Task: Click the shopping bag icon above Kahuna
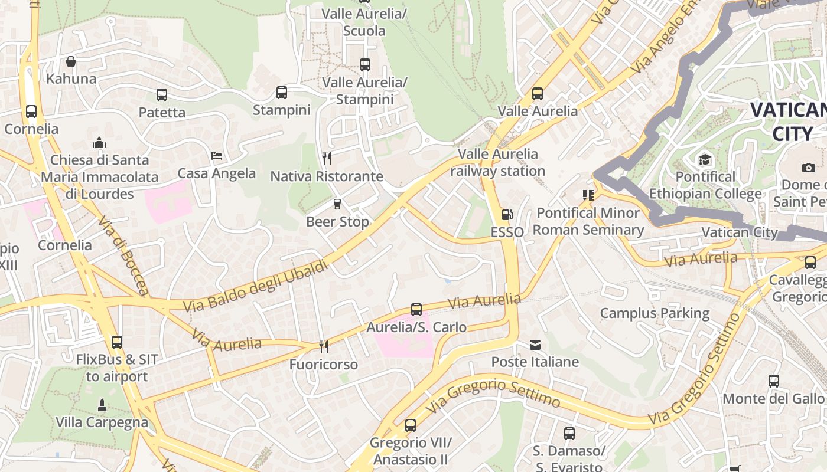[71, 61]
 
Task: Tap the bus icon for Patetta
[162, 94]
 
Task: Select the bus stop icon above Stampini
[282, 92]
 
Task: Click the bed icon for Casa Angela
[217, 156]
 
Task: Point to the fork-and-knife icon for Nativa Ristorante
[326, 158]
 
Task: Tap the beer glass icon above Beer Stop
[337, 204]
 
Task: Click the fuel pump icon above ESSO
[507, 215]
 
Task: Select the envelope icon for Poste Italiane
[535, 345]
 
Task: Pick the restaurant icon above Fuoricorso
[323, 346]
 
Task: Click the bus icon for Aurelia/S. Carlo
[416, 309]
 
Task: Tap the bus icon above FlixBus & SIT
[117, 342]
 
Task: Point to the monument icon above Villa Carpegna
[102, 405]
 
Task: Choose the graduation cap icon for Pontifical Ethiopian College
[705, 159]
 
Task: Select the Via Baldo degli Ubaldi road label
[255, 287]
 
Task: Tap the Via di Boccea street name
[123, 255]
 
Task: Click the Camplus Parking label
[655, 313]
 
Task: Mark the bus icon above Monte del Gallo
[774, 381]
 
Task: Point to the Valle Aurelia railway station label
[498, 163]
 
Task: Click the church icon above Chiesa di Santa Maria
[99, 143]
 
